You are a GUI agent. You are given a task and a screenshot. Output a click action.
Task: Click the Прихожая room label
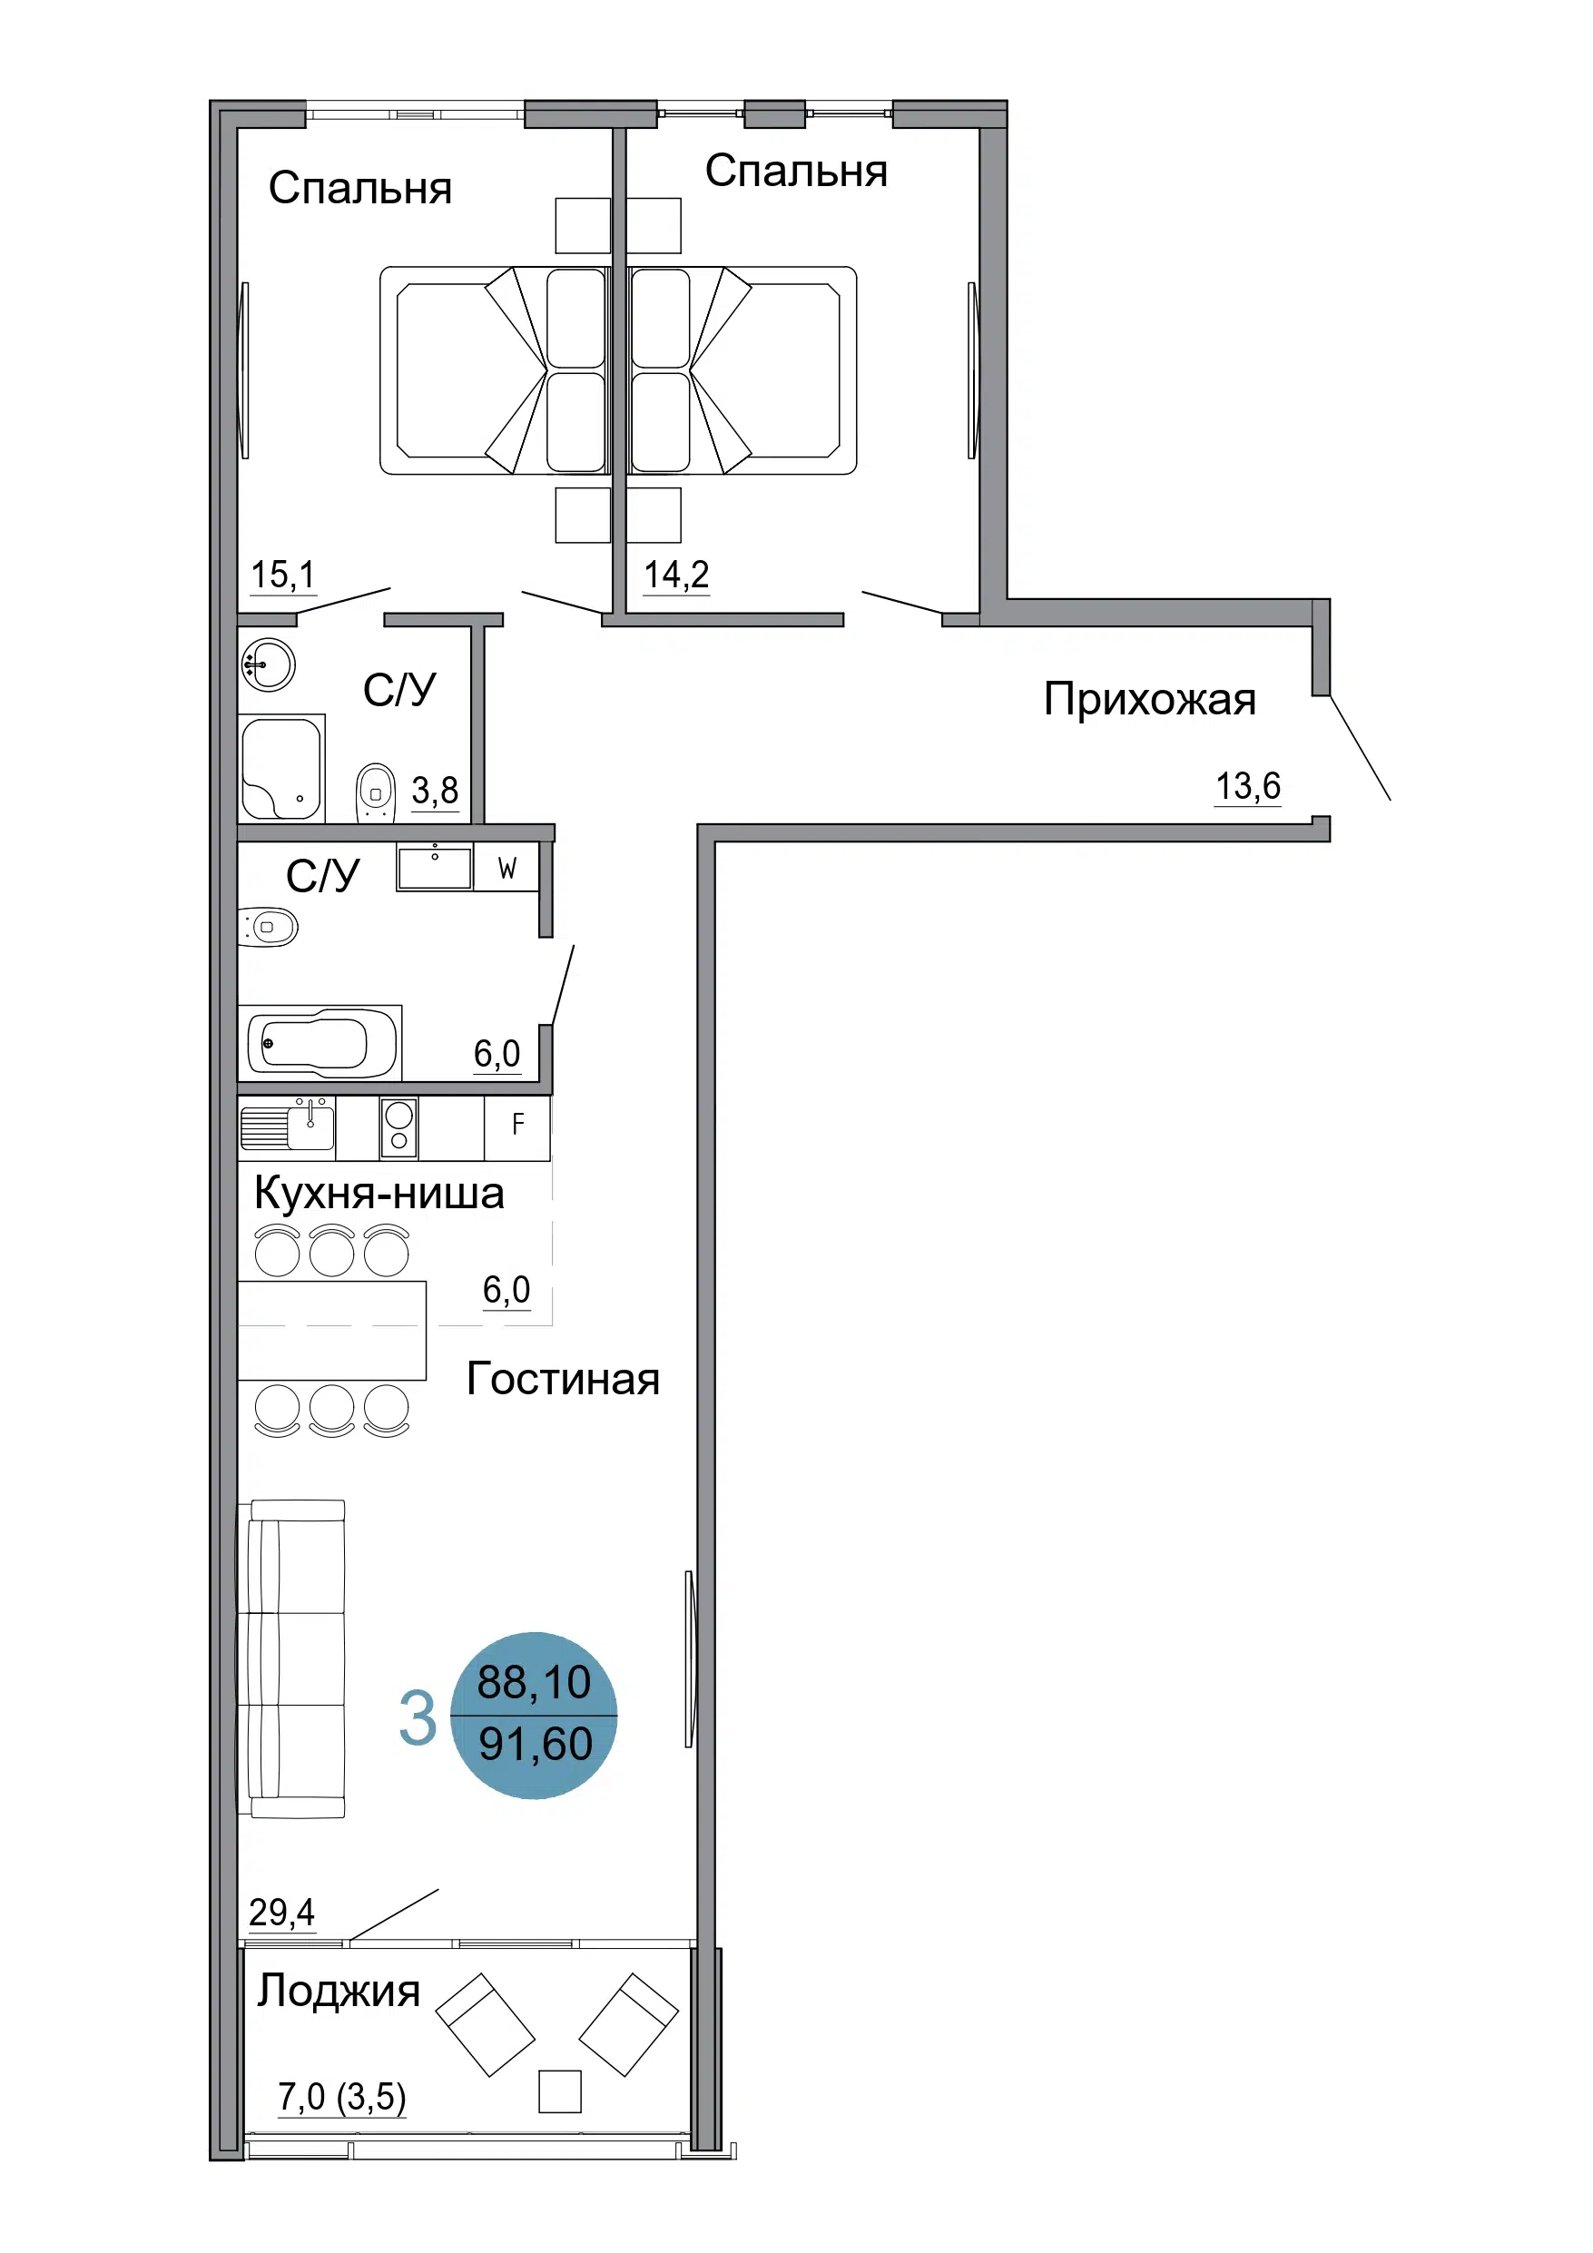pyautogui.click(x=1149, y=700)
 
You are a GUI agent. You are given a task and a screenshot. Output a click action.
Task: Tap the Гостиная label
pyautogui.click(x=563, y=1379)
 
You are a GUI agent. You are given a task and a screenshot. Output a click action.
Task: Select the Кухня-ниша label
pyautogui.click(x=379, y=1194)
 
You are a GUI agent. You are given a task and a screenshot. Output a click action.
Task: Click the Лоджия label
pyautogui.click(x=339, y=1991)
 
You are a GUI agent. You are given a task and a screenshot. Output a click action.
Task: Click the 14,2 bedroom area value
pyautogui.click(x=676, y=574)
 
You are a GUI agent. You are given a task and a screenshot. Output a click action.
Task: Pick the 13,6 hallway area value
pyautogui.click(x=1247, y=786)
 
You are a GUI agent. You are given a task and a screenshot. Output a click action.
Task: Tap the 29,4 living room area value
pyautogui.click(x=281, y=1912)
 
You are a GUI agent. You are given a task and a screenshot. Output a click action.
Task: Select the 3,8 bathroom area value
pyautogui.click(x=435, y=790)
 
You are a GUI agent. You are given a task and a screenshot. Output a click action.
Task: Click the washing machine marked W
pyautogui.click(x=506, y=868)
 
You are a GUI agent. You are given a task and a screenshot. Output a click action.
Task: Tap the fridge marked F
pyautogui.click(x=517, y=1127)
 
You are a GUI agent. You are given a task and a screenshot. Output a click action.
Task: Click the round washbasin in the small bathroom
pyautogui.click(x=268, y=664)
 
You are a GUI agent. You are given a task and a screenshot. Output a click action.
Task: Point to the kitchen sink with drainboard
pyautogui.click(x=288, y=1126)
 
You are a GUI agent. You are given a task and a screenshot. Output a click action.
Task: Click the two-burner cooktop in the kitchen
pyautogui.click(x=398, y=1127)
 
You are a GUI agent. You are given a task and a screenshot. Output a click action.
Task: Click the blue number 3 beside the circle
pyautogui.click(x=418, y=1718)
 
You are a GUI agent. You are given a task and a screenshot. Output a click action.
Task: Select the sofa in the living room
pyautogui.click(x=292, y=1658)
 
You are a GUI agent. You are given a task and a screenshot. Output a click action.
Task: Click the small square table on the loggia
pyautogui.click(x=559, y=2091)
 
